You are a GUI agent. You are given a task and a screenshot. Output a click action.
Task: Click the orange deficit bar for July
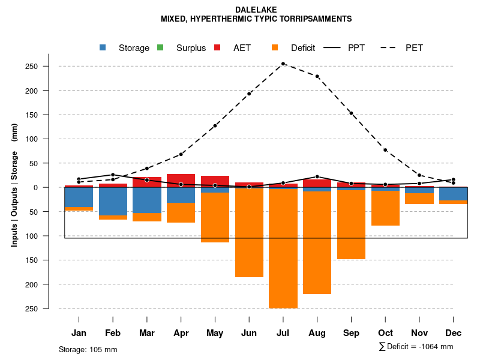283,249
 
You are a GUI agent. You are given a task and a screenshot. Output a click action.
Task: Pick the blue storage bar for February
113,201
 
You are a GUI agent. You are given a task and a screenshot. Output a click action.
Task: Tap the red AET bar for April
181,180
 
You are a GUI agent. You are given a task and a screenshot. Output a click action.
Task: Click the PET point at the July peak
283,64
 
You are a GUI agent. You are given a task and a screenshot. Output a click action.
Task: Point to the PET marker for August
317,76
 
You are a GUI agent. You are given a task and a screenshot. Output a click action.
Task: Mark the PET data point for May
215,125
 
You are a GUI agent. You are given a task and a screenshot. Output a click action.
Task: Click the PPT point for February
113,175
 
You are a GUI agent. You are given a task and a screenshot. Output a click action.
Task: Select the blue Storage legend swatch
103,48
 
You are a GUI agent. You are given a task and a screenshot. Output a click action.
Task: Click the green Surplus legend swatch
160,48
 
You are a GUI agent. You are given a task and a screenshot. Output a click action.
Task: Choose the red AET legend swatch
217,48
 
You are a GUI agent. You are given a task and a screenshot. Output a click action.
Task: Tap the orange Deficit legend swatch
274,48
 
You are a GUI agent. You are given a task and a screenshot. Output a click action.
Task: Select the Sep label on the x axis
352,333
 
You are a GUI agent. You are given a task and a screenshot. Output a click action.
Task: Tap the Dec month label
454,333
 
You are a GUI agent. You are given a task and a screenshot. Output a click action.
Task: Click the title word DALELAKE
256,10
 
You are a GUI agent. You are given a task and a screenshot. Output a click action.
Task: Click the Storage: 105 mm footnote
88,349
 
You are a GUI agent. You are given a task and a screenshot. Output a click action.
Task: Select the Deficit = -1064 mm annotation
416,347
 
